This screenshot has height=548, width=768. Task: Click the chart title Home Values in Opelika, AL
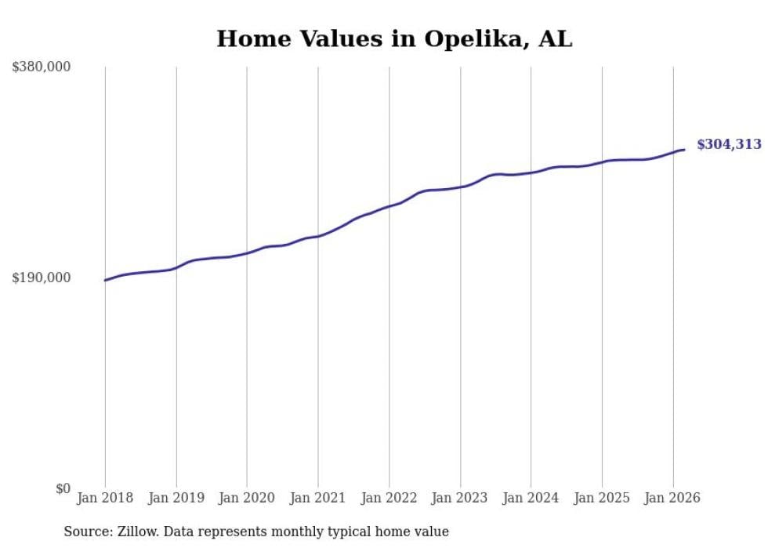(394, 38)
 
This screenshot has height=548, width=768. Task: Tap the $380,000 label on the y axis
(42, 67)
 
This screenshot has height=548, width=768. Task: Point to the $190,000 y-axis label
(42, 278)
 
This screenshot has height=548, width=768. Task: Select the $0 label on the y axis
(63, 488)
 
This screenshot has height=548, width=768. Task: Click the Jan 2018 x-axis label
(105, 498)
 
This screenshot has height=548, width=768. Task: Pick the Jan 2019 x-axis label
(176, 498)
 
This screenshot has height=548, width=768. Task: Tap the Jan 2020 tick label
(247, 498)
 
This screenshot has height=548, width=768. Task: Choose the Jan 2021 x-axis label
(318, 498)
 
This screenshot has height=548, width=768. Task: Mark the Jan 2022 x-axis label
(389, 498)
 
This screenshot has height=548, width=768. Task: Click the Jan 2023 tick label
(460, 498)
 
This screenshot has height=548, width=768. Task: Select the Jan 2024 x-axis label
(531, 498)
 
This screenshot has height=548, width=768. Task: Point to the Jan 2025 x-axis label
(602, 498)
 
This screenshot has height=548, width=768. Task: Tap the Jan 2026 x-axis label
(672, 498)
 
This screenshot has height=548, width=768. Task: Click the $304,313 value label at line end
(729, 144)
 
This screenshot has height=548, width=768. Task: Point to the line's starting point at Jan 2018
(105, 280)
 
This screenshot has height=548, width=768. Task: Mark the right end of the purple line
(684, 150)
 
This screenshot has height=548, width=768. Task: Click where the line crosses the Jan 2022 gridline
(389, 207)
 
